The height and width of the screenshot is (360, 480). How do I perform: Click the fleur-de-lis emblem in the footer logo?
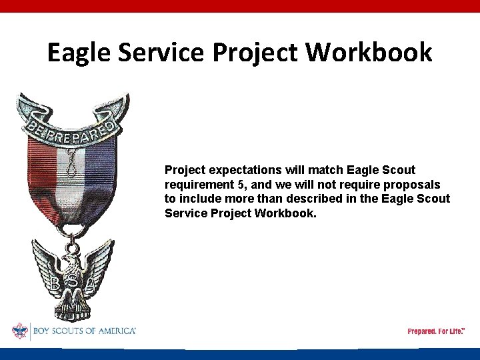(x=19, y=331)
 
